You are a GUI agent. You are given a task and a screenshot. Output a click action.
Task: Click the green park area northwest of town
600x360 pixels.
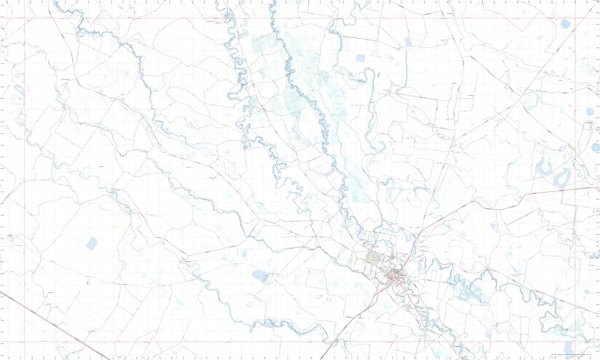[x=373, y=259]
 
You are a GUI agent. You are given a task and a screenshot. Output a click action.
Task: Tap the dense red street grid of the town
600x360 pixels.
[x=395, y=278]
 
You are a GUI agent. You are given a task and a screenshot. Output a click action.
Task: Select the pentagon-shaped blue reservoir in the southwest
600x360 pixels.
[x=91, y=243]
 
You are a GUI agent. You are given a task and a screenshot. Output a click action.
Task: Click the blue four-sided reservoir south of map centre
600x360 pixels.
[x=261, y=276]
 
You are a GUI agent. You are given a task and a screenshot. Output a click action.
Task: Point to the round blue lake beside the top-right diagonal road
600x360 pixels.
[x=566, y=23]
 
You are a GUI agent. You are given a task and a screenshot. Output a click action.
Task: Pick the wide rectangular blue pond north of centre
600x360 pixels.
[x=360, y=58]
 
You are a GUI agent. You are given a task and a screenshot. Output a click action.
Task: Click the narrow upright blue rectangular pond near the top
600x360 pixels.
[x=408, y=42]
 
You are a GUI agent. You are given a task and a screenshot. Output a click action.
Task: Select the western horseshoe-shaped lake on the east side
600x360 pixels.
[x=544, y=168]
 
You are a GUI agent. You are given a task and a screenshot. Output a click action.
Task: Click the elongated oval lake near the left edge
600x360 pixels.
[x=19, y=89]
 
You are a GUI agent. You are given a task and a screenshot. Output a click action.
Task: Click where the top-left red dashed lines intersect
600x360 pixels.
[x=25, y=18]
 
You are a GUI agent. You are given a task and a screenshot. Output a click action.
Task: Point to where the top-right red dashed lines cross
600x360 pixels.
[x=574, y=18]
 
